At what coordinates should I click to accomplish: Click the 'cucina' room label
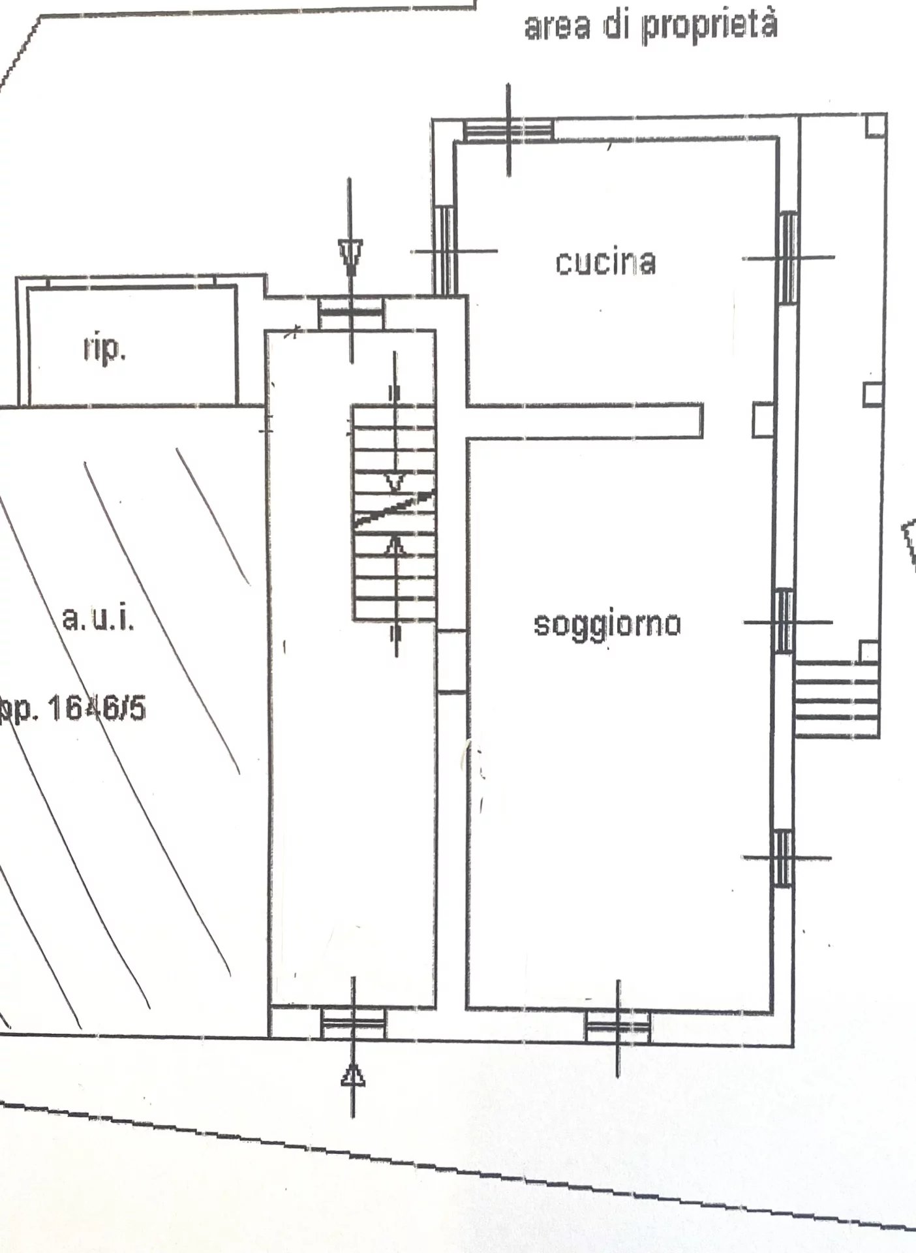coord(605,262)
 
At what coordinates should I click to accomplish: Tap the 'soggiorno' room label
coord(607,624)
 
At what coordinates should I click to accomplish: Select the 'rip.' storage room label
coord(104,350)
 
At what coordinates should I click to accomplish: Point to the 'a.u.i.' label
coord(99,618)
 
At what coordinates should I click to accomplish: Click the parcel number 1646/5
coord(97,708)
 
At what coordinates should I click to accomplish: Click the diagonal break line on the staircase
coord(395,507)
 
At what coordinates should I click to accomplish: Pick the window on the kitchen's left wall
coord(444,251)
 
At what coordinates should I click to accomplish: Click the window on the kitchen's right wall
coord(788,258)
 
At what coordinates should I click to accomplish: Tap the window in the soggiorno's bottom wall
coord(618,1025)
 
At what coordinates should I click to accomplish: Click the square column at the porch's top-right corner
coord(875,126)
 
